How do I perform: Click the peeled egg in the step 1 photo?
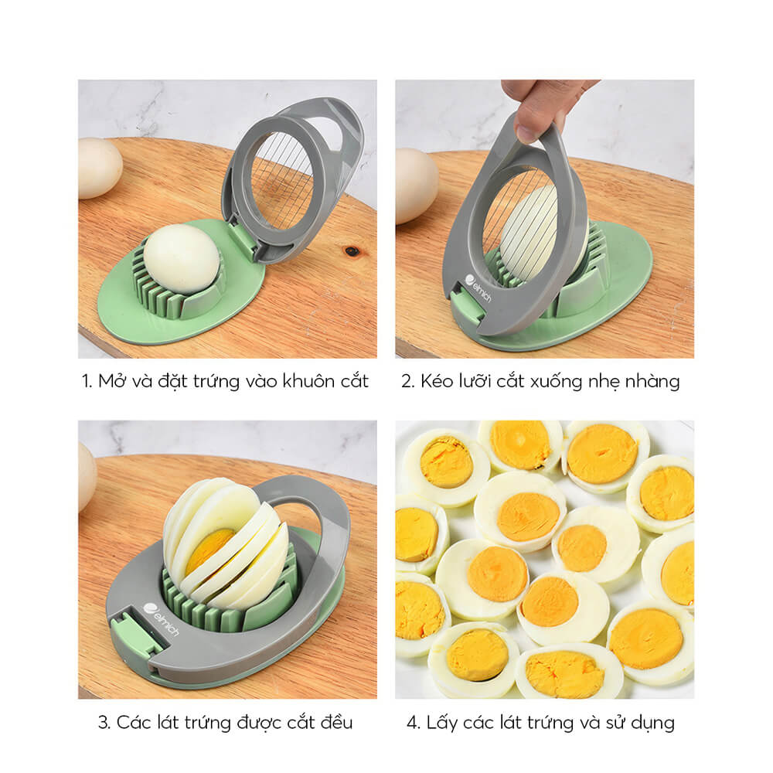click(182, 259)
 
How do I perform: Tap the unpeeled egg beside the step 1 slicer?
click(100, 168)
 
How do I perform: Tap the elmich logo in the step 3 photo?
click(161, 619)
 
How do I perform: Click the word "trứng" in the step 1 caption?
click(216, 382)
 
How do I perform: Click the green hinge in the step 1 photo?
click(243, 241)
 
